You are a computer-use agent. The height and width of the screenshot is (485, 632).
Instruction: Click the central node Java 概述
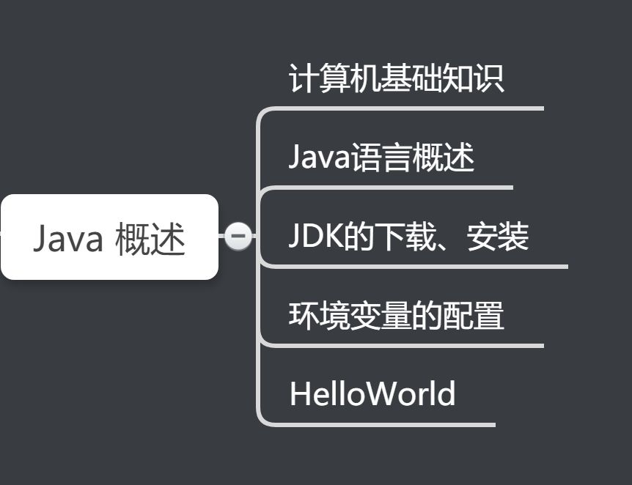click(x=109, y=237)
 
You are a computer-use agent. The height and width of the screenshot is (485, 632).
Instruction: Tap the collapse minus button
click(x=238, y=236)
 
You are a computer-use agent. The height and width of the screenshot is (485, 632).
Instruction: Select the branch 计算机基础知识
click(x=396, y=79)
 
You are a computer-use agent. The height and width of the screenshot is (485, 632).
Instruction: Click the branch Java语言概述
click(x=381, y=158)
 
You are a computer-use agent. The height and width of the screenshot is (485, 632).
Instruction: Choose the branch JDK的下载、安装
click(x=408, y=237)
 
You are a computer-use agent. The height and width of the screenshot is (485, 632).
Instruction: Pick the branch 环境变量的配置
click(x=396, y=316)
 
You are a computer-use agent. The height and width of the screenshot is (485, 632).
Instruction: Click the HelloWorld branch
click(x=372, y=394)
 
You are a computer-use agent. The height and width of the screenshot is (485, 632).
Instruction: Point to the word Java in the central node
click(x=67, y=239)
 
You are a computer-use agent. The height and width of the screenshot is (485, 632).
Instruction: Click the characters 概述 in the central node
click(x=150, y=239)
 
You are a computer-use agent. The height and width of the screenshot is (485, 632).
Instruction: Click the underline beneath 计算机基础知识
click(x=411, y=108)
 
